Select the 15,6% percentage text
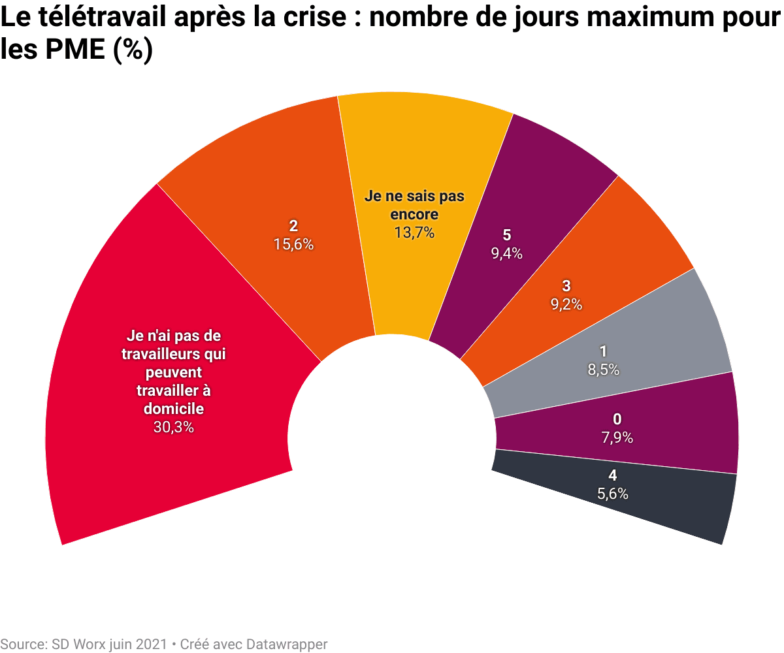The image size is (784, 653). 293,244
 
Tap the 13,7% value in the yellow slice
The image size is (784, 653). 414,232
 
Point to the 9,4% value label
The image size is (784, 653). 506,254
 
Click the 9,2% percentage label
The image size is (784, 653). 566,304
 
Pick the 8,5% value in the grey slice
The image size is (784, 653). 604,370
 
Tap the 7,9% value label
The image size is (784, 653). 617,438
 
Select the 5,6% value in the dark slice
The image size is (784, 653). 613,494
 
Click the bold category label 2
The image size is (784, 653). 293,226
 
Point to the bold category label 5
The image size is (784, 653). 506,236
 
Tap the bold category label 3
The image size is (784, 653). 566,285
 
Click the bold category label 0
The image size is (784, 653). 617,419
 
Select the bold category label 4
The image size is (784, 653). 613,475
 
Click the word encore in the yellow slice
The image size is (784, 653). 414,214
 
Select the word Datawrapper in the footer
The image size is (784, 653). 287,644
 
